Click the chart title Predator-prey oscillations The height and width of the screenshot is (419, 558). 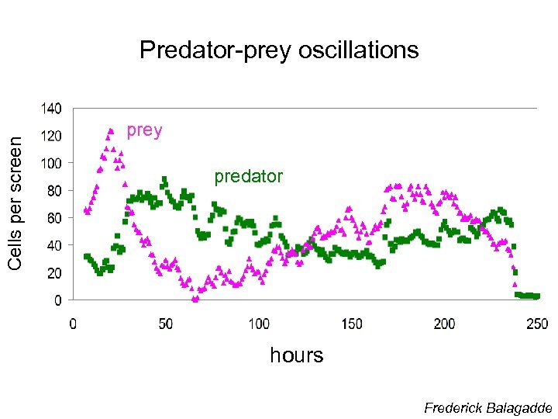[x=279, y=50]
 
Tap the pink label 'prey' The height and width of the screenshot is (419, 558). [x=144, y=130]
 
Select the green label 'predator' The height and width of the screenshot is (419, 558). [x=248, y=177]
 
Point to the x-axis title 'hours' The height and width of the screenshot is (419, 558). [x=296, y=355]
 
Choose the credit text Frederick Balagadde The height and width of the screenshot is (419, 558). [x=487, y=408]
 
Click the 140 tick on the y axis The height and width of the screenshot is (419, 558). [x=52, y=107]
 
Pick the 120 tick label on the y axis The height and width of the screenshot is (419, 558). [x=52, y=136]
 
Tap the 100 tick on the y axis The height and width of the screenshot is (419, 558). [x=52, y=163]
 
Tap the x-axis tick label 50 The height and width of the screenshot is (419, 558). [x=166, y=324]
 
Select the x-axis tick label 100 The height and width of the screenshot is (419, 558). [x=259, y=324]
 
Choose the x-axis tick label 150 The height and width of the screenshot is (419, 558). [x=352, y=324]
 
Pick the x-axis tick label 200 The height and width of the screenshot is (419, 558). [x=445, y=324]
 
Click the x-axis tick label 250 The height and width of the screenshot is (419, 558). [x=537, y=324]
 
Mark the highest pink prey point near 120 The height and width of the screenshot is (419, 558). [x=111, y=130]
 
